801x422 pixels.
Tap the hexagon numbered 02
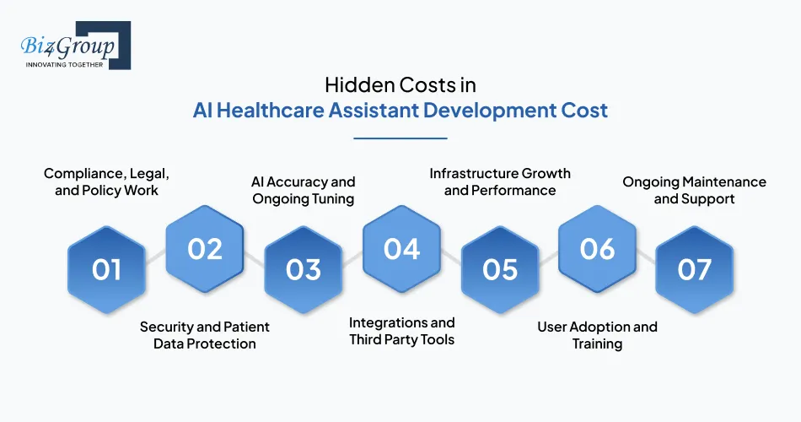[205, 248]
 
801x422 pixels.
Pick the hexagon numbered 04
[402, 248]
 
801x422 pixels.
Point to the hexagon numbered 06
[598, 248]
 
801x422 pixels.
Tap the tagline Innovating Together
[64, 64]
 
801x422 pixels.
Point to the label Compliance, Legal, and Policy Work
[106, 181]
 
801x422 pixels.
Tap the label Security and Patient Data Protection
[205, 335]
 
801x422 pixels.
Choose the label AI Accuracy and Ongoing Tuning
[304, 190]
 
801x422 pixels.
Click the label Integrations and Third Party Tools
[402, 331]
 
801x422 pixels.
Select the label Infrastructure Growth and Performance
[500, 181]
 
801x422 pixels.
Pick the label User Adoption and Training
[598, 335]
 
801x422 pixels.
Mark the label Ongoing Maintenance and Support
[695, 190]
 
